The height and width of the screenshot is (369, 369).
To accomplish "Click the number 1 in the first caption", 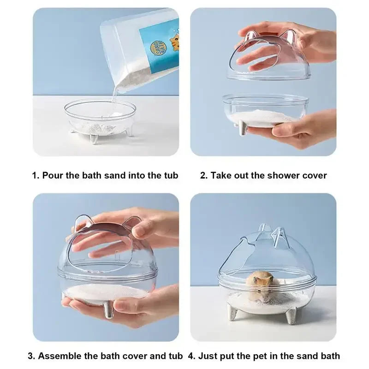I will click(x=35, y=175).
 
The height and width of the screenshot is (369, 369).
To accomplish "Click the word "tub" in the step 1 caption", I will click(x=171, y=175).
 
